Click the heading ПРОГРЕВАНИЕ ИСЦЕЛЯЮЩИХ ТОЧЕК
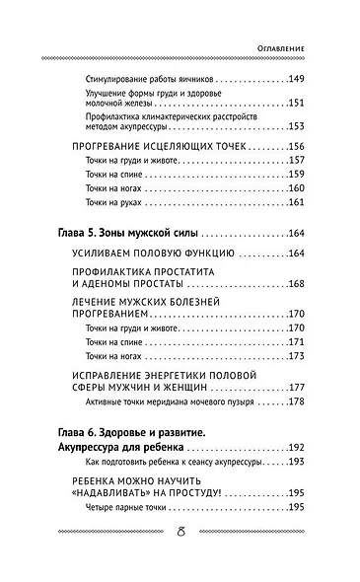[165, 145]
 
